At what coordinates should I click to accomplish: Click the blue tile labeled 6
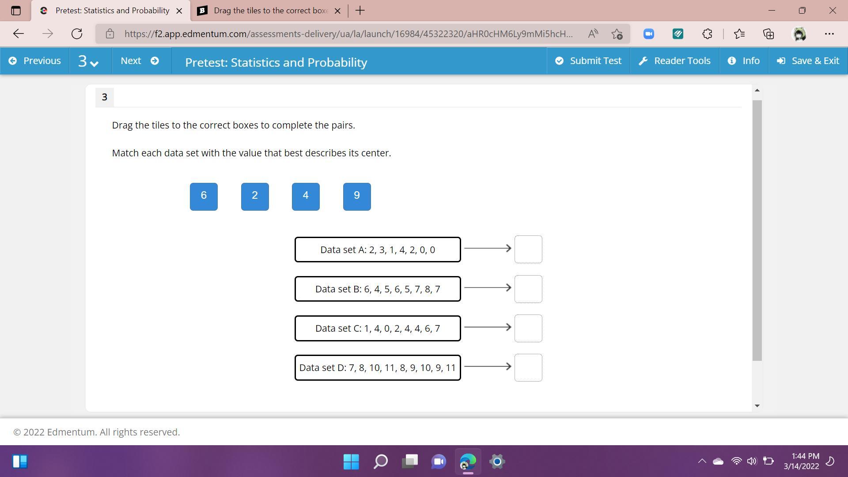[204, 197]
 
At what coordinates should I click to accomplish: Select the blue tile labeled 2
[255, 197]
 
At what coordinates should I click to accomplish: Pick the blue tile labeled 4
[306, 197]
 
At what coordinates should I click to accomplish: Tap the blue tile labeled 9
[357, 197]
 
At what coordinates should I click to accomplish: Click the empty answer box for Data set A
[528, 250]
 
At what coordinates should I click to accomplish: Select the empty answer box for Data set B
[528, 289]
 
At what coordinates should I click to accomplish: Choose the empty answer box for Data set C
[528, 329]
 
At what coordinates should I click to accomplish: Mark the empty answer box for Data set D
[528, 368]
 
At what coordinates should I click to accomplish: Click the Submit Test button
[588, 61]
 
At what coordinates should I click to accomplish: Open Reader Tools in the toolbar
[674, 61]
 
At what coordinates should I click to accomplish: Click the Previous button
[35, 61]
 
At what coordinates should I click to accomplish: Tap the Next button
[140, 61]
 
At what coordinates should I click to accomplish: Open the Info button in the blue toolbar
[744, 61]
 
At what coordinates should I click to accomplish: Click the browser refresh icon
[77, 34]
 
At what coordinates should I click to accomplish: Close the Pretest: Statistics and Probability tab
[179, 11]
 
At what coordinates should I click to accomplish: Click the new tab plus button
[360, 11]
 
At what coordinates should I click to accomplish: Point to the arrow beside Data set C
[488, 327]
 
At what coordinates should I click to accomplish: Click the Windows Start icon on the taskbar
[351, 462]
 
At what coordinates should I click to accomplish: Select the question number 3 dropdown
[88, 61]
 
